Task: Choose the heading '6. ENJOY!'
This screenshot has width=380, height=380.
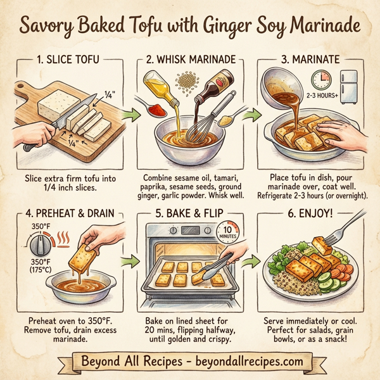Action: tap(310, 213)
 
